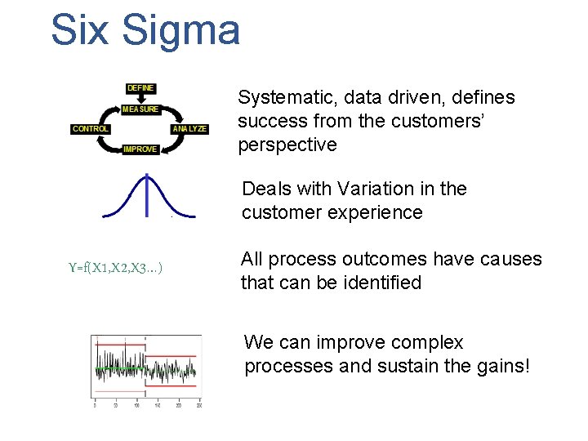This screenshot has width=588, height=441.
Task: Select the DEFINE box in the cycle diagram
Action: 140,88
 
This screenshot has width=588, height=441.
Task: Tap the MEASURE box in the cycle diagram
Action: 140,109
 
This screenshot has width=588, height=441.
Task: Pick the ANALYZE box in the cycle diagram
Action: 189,129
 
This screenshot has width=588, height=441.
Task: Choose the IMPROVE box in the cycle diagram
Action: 140,149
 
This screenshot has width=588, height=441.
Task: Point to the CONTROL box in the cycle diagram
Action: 91,129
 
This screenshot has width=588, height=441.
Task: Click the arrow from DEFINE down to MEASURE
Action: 140,98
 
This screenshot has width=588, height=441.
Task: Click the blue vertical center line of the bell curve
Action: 147,196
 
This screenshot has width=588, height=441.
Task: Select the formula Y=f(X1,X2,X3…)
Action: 115,267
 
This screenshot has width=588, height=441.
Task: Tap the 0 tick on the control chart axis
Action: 96,406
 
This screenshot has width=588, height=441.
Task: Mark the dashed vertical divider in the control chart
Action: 147,367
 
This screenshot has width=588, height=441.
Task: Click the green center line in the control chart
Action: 122,369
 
